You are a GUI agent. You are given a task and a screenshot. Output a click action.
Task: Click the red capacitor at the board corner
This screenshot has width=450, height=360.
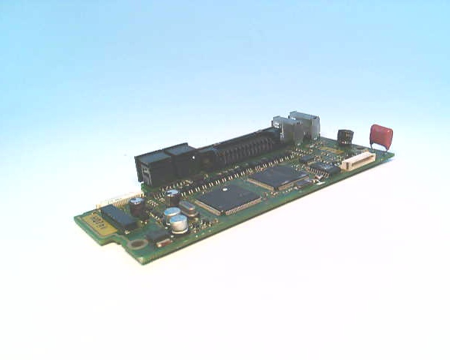(381, 136)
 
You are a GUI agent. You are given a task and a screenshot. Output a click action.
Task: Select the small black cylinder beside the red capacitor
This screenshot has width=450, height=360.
(345, 137)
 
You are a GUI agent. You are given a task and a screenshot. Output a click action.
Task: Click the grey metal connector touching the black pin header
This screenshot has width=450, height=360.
(283, 130)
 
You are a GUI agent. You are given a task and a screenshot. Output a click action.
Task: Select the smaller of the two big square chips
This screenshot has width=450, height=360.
(278, 177)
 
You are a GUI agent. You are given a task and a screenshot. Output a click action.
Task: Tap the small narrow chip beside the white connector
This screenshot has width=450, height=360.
(325, 169)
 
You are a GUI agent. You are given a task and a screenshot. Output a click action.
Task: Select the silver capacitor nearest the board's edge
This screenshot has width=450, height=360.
(178, 223)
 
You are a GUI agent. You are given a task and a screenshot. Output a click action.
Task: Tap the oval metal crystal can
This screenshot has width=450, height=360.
(188, 208)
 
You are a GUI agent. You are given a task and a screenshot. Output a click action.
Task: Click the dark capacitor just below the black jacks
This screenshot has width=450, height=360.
(172, 196)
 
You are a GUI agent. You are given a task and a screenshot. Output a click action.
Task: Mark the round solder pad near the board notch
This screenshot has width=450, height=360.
(137, 243)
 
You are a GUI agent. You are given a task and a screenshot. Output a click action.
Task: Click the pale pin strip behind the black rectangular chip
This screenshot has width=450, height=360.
(116, 199)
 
